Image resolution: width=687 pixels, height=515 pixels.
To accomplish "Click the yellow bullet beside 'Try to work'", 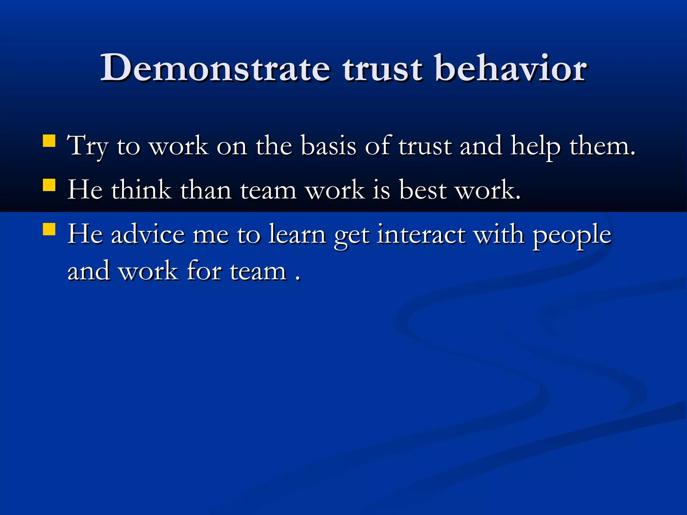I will pyautogui.click(x=49, y=141).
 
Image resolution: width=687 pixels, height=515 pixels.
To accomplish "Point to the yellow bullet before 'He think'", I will pyautogui.click(x=49, y=185).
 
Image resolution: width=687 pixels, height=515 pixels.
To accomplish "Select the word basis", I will pyautogui.click(x=328, y=146).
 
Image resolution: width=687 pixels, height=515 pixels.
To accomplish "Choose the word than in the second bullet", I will pyautogui.click(x=206, y=190).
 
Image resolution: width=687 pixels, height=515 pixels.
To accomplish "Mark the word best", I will pyautogui.click(x=423, y=190).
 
